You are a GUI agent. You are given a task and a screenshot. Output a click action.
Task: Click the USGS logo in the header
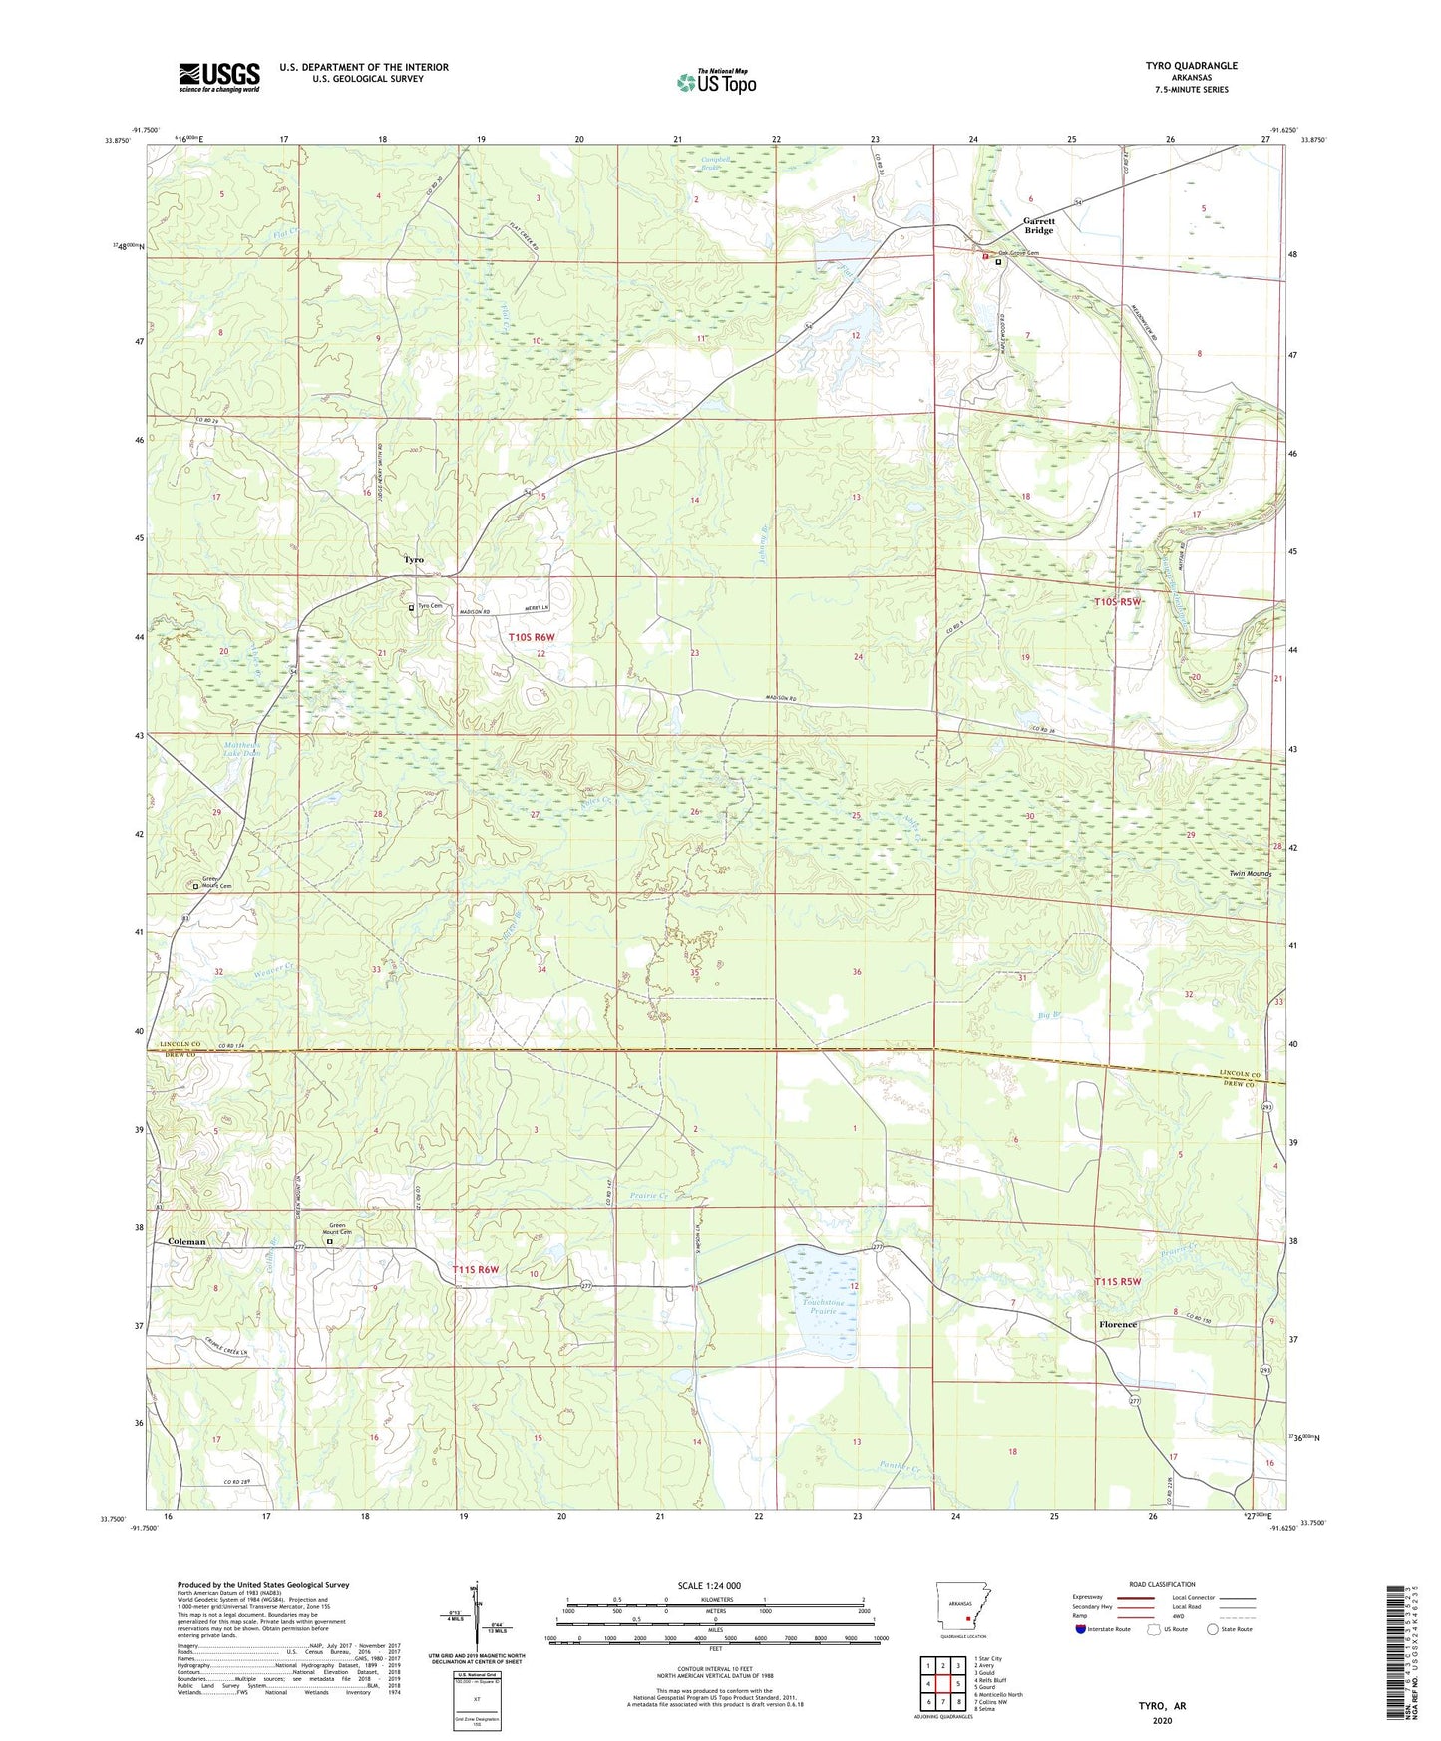point(218,77)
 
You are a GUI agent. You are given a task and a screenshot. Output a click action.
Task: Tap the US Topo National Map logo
point(716,81)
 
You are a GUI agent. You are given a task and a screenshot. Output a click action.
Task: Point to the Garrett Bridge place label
point(1038,225)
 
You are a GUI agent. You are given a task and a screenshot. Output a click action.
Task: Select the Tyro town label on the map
point(413,560)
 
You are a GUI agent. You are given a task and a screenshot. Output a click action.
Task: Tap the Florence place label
point(1117,1325)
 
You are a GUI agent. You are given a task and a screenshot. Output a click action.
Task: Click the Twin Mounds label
point(1251,874)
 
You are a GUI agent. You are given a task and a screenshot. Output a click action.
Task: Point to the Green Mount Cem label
point(337,1230)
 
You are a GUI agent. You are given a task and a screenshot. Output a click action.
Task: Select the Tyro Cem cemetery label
point(430,606)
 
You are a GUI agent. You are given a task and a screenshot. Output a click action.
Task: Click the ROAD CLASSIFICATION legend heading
point(1162,1584)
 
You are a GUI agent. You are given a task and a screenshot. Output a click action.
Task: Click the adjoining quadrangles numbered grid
point(943,1684)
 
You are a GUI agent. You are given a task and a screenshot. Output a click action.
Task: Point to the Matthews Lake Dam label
point(240,748)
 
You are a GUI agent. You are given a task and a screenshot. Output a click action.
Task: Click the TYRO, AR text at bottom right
point(1162,1706)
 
